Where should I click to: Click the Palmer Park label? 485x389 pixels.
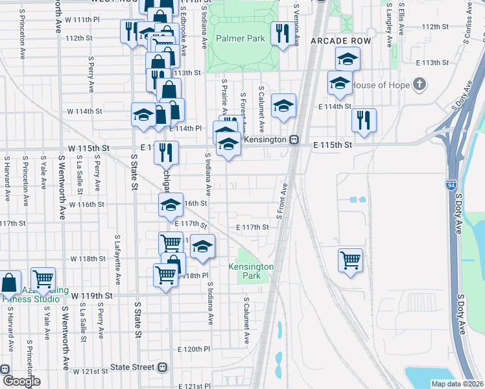coord(241,38)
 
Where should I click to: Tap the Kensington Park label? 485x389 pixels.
coord(251,271)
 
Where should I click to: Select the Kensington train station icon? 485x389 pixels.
coord(294,139)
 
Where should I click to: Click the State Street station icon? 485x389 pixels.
coord(162,367)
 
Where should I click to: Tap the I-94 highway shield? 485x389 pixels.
coord(451,185)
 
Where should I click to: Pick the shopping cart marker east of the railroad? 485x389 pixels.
coord(350,260)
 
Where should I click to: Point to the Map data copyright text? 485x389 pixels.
coord(458,384)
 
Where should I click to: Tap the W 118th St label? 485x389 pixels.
coord(88,259)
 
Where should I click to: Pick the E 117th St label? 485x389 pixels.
coord(252,227)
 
